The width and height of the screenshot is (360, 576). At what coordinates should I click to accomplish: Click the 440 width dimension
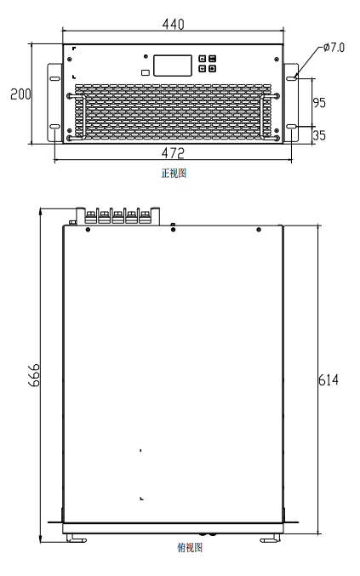coord(173,24)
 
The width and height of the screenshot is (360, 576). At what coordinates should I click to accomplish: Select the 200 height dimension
coord(20,94)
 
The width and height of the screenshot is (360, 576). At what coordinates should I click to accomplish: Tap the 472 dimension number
coord(173,153)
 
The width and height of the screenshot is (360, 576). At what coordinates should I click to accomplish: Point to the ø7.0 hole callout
coord(334,48)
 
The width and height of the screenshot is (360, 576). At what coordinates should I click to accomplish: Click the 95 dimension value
coord(319,102)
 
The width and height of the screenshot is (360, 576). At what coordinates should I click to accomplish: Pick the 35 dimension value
coord(319,135)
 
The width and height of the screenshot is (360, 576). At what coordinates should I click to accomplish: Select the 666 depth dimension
coord(34,375)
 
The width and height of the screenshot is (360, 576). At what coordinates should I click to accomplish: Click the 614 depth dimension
coord(328,379)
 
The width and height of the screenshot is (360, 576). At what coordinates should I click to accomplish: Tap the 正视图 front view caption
coord(174,173)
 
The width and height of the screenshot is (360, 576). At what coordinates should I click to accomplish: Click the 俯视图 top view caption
coord(190,548)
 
